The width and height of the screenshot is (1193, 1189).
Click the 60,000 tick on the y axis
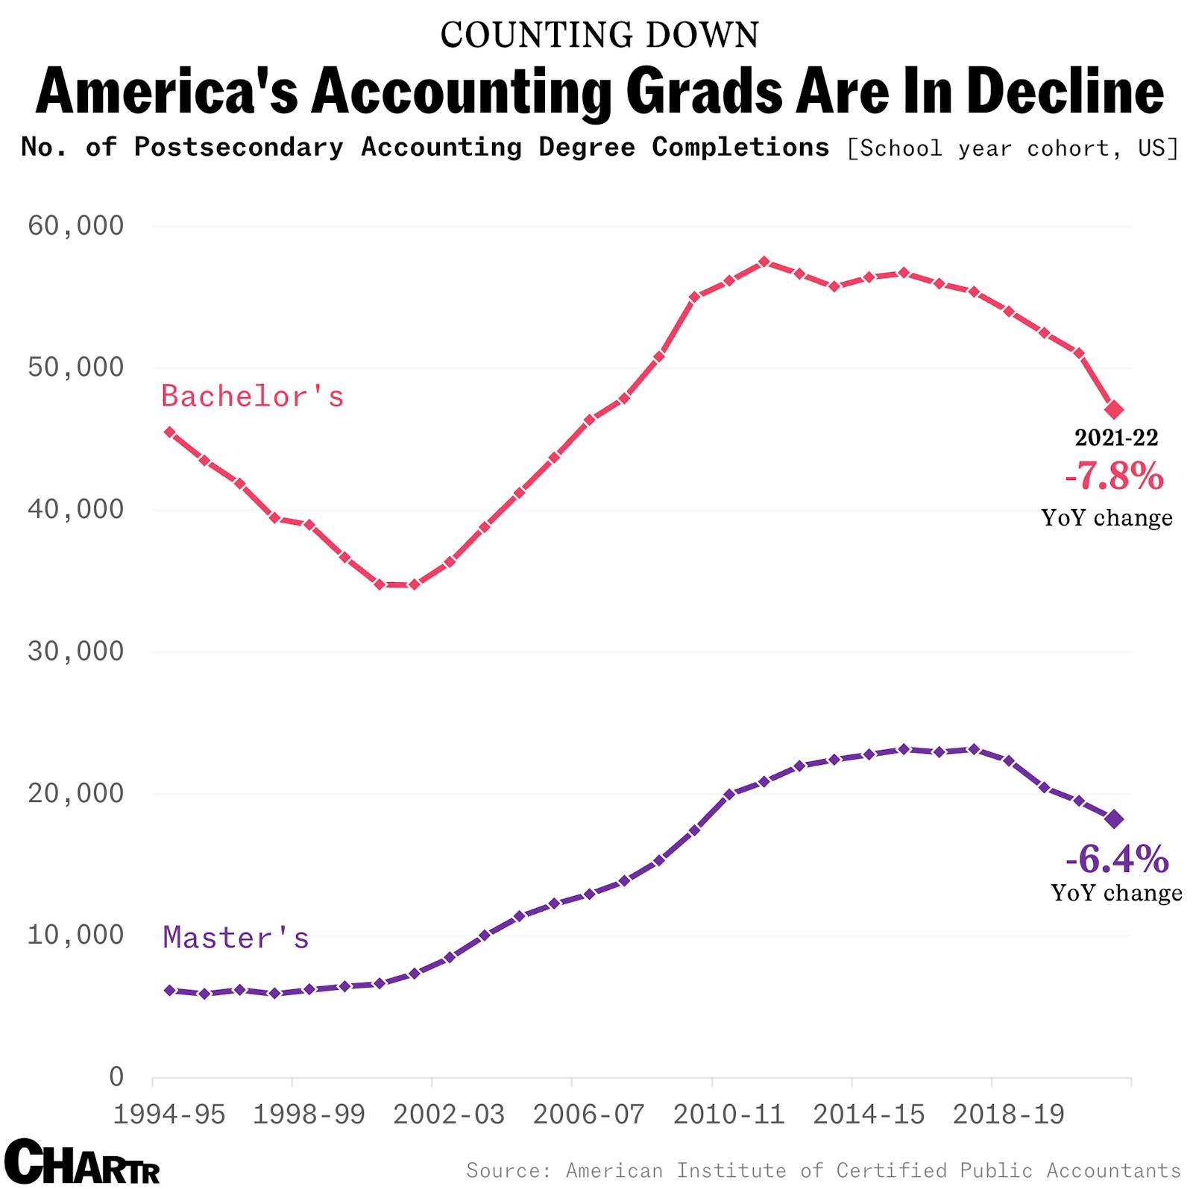point(75,225)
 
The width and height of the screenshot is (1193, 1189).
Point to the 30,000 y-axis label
point(75,652)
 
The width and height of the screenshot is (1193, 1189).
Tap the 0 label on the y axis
point(116,1076)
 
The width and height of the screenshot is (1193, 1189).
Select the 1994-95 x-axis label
point(169,1114)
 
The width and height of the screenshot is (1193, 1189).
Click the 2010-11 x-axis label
point(728,1114)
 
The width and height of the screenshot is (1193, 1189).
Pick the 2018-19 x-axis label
point(1009,1114)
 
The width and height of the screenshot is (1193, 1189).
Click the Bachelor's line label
point(253,396)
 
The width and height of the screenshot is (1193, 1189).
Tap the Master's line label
point(236,937)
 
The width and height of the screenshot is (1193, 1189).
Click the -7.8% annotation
point(1114,476)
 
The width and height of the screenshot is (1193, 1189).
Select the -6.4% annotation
point(1117,859)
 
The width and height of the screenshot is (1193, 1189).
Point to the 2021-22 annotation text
point(1116,438)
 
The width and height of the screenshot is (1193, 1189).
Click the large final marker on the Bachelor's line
point(1115,409)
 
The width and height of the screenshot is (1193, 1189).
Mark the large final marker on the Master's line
point(1115,819)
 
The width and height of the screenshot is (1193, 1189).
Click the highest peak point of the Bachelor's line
point(764,262)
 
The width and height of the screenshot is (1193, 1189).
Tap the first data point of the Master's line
point(169,990)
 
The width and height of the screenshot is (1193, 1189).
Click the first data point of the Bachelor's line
point(169,432)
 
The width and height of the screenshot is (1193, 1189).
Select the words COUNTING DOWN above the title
point(599,35)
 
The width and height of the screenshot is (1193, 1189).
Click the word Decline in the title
point(1065,91)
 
